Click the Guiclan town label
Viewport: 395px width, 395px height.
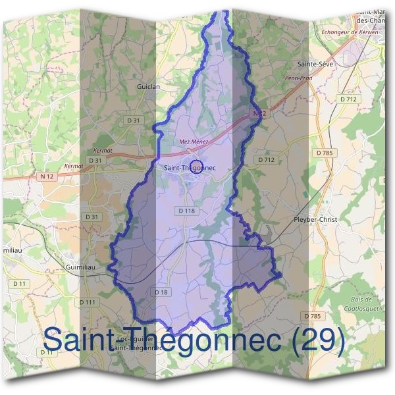pos(148,86)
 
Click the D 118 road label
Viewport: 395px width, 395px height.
pos(187,211)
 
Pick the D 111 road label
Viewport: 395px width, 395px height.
pos(88,302)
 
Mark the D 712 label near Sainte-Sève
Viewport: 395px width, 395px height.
pos(350,99)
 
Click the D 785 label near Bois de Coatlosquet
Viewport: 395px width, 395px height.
pos(313,316)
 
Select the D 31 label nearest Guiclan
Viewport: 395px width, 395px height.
pos(134,120)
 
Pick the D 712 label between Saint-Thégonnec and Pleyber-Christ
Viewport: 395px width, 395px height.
pos(266,159)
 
